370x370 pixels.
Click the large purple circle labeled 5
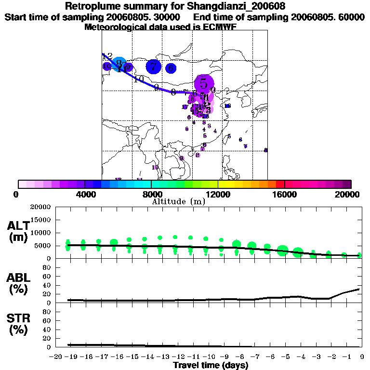(204, 83)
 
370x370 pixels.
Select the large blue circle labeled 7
(154, 67)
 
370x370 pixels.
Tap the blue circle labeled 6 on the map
(171, 68)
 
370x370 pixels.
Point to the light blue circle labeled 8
(120, 63)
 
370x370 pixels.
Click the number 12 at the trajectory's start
(107, 56)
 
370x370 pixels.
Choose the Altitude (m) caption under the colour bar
(178, 201)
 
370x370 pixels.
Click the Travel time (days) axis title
(211, 366)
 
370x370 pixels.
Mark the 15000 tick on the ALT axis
(40, 220)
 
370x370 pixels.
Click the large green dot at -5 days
(283, 250)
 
